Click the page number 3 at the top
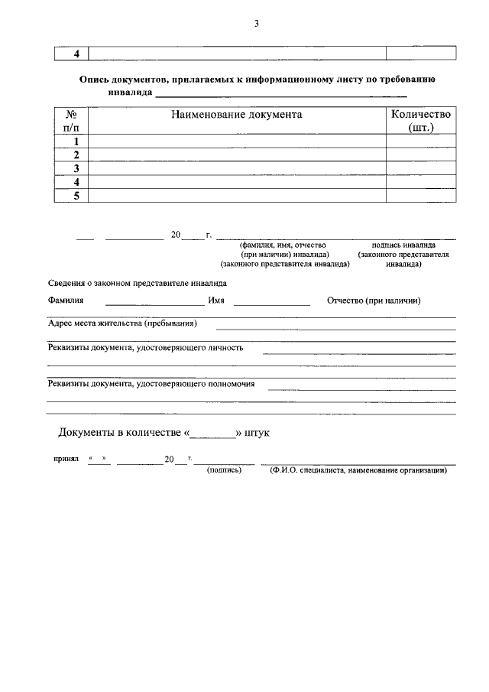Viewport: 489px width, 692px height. pyautogui.click(x=257, y=23)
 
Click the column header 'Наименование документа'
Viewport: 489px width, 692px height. pyautogui.click(x=237, y=115)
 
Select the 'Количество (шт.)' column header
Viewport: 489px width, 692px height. pyautogui.click(x=421, y=121)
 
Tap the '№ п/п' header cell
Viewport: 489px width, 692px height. pyautogui.click(x=72, y=121)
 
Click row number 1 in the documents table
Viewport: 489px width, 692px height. pyautogui.click(x=76, y=141)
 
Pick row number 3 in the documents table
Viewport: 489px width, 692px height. pyautogui.click(x=76, y=168)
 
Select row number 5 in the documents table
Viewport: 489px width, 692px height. pyautogui.click(x=76, y=195)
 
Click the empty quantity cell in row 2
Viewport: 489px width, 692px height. pyautogui.click(x=421, y=154)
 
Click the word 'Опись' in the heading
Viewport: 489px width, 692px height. pyautogui.click(x=97, y=80)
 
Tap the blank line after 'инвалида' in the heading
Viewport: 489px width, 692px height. pyautogui.click(x=280, y=95)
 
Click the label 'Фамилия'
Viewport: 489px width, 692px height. pyautogui.click(x=66, y=301)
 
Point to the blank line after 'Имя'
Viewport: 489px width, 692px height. pyautogui.click(x=271, y=303)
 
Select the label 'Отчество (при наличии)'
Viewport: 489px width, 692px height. pyautogui.click(x=374, y=301)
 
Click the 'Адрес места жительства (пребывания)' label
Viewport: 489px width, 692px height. pyautogui.click(x=122, y=323)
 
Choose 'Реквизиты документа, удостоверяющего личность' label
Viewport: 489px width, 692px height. pyautogui.click(x=145, y=347)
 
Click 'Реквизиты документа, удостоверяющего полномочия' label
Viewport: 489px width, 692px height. pyautogui.click(x=151, y=384)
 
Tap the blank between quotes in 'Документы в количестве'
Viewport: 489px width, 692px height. pyautogui.click(x=212, y=434)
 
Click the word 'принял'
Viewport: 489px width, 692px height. pyautogui.click(x=66, y=461)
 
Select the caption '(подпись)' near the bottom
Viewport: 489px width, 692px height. pyautogui.click(x=224, y=470)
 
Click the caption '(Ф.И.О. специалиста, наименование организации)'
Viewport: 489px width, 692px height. pyautogui.click(x=358, y=470)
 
